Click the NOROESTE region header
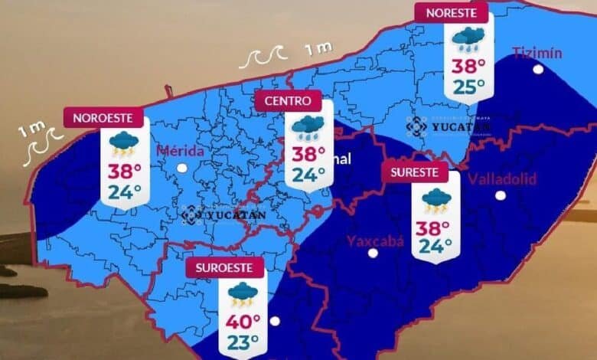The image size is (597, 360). point(103,118)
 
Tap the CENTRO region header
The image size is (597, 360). point(288,100)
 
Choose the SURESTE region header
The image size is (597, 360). point(414,172)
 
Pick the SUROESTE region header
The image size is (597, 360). point(224,268)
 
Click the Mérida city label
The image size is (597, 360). point(180,150)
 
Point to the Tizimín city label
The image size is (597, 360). point(537,53)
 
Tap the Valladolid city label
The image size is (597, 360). point(502,179)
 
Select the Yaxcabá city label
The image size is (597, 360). point(375,241)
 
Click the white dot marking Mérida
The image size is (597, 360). point(181,168)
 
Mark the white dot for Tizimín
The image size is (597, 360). point(539,69)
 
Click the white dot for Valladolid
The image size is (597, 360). point(501,195)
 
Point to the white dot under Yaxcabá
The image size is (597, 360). point(373,253)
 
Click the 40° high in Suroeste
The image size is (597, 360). point(243,322)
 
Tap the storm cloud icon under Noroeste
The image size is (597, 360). point(123,144)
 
